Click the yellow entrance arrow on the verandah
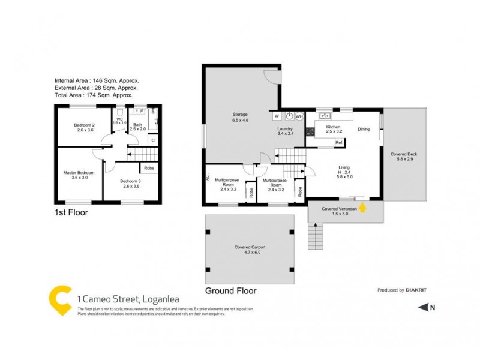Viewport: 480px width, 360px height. click(362, 208)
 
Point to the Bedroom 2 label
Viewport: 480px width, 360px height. click(83, 127)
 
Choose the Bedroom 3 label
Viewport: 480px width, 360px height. click(130, 184)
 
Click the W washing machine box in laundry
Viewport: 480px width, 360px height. click(277, 116)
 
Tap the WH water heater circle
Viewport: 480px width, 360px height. click(299, 116)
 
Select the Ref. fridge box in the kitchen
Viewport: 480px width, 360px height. click(339, 142)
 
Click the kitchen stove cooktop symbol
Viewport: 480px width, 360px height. click(311, 131)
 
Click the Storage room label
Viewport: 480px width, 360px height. click(240, 117)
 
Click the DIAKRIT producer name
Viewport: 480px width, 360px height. click(418, 290)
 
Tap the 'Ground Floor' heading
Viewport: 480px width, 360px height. click(230, 290)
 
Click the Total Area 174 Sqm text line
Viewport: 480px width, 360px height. click(93, 95)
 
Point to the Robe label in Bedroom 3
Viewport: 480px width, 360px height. click(150, 169)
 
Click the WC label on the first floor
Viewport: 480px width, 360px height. click(119, 119)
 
